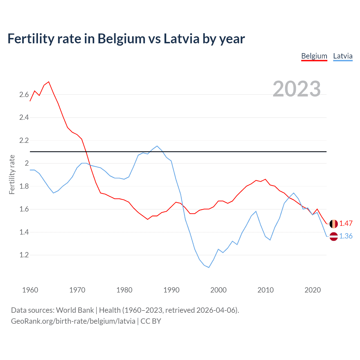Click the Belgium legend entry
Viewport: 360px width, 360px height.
point(314,56)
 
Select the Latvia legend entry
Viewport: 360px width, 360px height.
point(343,56)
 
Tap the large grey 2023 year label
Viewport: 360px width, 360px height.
point(297,89)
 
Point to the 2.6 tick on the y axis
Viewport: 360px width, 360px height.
point(24,94)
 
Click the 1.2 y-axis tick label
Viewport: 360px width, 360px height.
point(24,255)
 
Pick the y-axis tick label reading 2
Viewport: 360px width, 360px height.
point(27,163)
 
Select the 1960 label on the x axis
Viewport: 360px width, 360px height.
point(30,290)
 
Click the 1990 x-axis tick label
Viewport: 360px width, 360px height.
point(171,290)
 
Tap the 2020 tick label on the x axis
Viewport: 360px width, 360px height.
point(312,290)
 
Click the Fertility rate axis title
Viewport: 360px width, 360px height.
point(12,174)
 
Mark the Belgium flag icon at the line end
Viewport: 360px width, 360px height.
point(334,224)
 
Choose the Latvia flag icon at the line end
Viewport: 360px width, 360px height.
point(334,237)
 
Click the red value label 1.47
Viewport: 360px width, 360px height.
point(346,224)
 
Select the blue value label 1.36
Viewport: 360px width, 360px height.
point(346,236)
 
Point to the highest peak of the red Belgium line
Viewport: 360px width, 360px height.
point(49,82)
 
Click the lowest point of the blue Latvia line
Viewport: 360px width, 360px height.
point(209,267)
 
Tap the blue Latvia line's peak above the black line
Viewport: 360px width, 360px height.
point(157,146)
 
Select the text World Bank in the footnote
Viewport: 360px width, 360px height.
point(75,310)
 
